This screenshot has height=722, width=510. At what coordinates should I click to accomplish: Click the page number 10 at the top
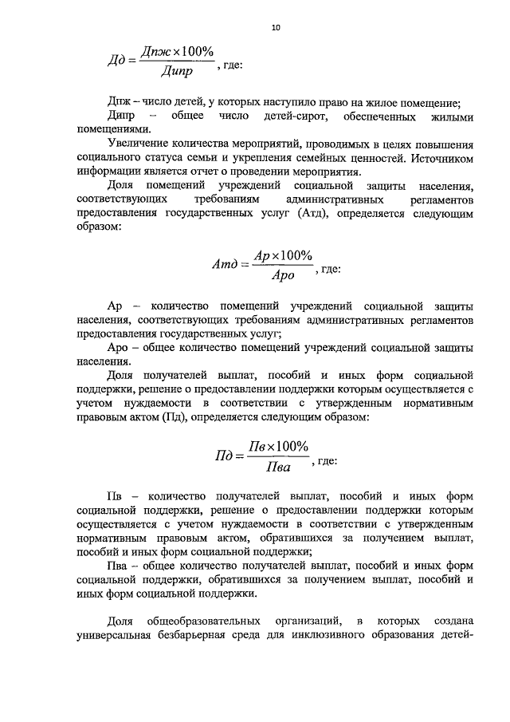(x=276, y=27)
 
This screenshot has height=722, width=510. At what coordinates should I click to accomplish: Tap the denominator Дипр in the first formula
(x=178, y=74)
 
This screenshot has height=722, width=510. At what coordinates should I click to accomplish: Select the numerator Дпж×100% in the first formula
(x=177, y=52)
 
